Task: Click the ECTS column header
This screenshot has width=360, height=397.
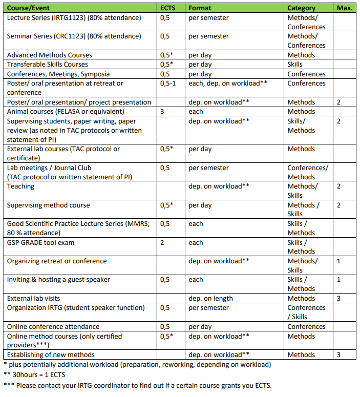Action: pos(168,8)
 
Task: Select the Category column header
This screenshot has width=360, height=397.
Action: pos(301,8)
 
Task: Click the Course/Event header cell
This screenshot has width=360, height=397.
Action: pos(29,8)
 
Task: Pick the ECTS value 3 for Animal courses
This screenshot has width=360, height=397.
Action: pos(162,111)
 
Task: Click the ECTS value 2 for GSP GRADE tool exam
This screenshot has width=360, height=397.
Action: pos(162,242)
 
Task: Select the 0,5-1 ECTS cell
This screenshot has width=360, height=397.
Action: pos(168,83)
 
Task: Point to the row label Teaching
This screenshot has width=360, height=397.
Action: pos(21,186)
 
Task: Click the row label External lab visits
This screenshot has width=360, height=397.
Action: pos(33,298)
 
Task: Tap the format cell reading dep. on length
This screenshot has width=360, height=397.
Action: pos(210,298)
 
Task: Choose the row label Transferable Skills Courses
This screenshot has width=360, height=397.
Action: pos(47,64)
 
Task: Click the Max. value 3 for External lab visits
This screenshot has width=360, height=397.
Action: pos(339,298)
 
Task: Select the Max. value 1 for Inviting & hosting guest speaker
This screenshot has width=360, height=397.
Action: pos(339,280)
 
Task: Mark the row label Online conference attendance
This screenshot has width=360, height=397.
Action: pos(53,326)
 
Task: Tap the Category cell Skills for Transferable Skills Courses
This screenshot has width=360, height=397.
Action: pos(295,64)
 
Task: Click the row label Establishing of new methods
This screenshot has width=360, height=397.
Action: pos(51,354)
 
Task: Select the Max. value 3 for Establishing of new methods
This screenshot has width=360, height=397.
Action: pos(339,354)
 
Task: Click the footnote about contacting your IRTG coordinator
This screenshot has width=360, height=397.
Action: pos(137,385)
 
